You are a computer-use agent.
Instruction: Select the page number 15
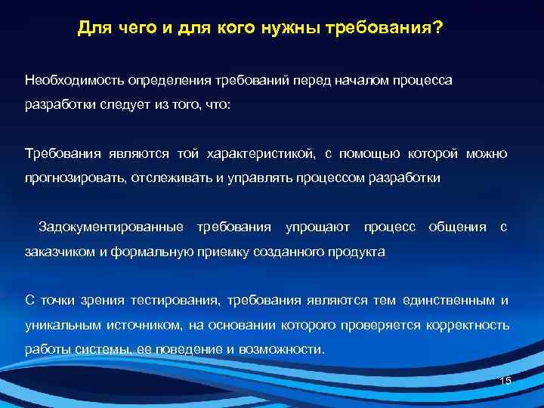[x=505, y=381]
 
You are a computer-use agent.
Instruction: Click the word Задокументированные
[x=110, y=227]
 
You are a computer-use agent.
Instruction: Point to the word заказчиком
[x=57, y=252]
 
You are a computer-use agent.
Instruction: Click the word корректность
[x=471, y=326]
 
